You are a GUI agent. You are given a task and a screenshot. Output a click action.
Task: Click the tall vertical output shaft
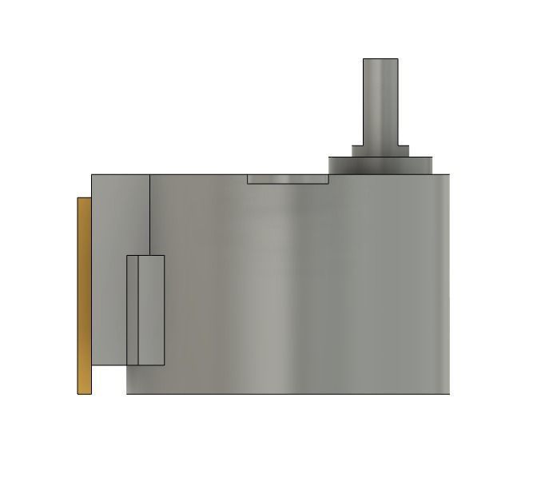click(380, 104)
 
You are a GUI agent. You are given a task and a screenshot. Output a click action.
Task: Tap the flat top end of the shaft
click(380, 59)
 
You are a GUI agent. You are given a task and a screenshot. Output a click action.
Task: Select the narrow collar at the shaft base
click(380, 150)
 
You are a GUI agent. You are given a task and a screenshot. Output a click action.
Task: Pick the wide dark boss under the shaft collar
click(380, 165)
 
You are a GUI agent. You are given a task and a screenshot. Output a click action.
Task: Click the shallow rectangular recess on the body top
click(288, 178)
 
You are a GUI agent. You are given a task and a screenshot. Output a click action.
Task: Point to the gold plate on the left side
click(84, 296)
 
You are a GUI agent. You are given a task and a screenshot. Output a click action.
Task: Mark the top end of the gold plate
click(84, 199)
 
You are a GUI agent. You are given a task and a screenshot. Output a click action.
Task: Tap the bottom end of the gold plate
click(84, 392)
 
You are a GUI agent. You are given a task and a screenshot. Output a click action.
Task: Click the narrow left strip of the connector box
click(133, 310)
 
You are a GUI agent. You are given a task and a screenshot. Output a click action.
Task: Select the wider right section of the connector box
click(151, 310)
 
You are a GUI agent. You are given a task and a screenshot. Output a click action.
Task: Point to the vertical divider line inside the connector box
click(138, 310)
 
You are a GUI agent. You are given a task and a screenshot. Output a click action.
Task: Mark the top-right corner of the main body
click(450, 175)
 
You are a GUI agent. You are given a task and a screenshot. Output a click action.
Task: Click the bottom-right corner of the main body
click(449, 393)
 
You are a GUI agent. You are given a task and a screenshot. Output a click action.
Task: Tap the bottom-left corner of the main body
click(128, 393)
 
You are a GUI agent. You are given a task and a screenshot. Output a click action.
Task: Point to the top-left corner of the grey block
click(92, 175)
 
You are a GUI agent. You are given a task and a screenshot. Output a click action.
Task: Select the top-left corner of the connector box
click(128, 256)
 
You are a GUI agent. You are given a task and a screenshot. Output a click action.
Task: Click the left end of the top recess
click(249, 179)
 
